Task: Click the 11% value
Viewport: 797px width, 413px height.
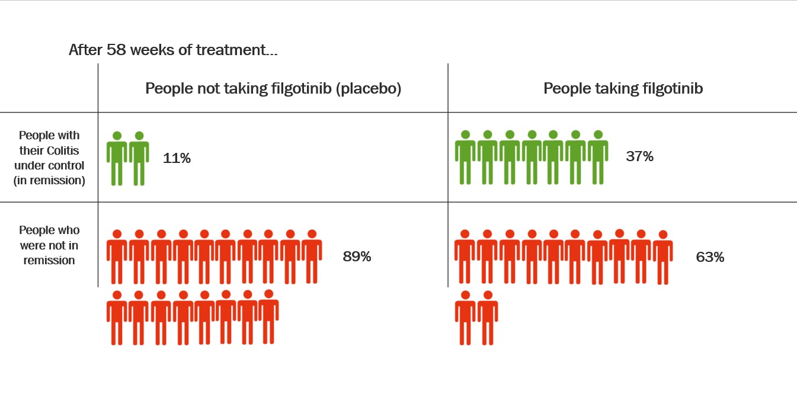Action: [177, 158]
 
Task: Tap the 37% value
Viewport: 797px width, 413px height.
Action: [640, 156]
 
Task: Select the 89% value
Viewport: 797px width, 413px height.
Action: [357, 257]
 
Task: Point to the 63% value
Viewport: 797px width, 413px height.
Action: [710, 257]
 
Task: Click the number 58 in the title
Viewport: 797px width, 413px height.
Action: [116, 50]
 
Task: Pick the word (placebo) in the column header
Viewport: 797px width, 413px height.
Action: [369, 88]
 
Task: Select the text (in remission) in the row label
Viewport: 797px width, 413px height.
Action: [49, 181]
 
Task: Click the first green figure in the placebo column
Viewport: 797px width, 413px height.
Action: [117, 158]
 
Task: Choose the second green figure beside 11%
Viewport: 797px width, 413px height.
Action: [139, 158]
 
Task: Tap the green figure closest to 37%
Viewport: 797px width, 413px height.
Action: [598, 157]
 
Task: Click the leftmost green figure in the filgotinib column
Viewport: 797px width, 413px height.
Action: [465, 157]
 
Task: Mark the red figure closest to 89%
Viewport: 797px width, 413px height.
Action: [312, 257]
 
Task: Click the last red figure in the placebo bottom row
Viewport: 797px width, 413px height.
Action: [268, 316]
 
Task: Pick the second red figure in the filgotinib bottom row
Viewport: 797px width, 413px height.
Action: [488, 318]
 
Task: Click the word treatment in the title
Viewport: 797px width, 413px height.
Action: [231, 50]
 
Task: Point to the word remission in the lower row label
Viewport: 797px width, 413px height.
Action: [49, 260]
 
